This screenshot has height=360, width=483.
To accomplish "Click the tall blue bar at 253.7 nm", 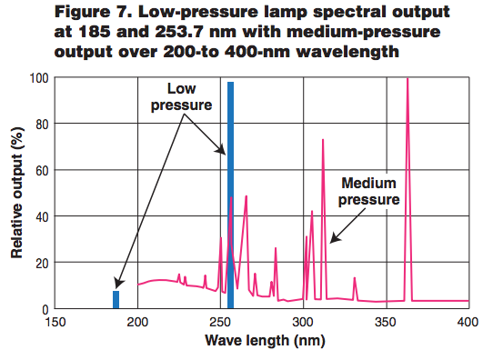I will [x=231, y=195].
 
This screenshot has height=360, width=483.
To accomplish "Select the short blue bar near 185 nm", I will [x=116, y=300].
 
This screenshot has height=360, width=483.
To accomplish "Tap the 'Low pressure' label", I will [x=189, y=97].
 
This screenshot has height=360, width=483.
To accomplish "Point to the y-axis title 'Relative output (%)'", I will [x=17, y=194].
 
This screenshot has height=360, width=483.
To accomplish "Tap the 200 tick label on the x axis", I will [x=137, y=323].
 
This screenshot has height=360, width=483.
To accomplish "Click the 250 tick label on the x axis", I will [x=220, y=323].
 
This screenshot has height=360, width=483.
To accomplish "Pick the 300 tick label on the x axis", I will [x=303, y=323].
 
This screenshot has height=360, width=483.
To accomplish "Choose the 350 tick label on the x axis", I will [x=386, y=323].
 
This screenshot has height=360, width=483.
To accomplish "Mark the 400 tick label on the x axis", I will [x=468, y=323].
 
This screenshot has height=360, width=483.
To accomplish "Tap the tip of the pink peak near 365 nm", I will [x=407, y=79].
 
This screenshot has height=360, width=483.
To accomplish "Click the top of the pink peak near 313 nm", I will [x=323, y=140].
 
